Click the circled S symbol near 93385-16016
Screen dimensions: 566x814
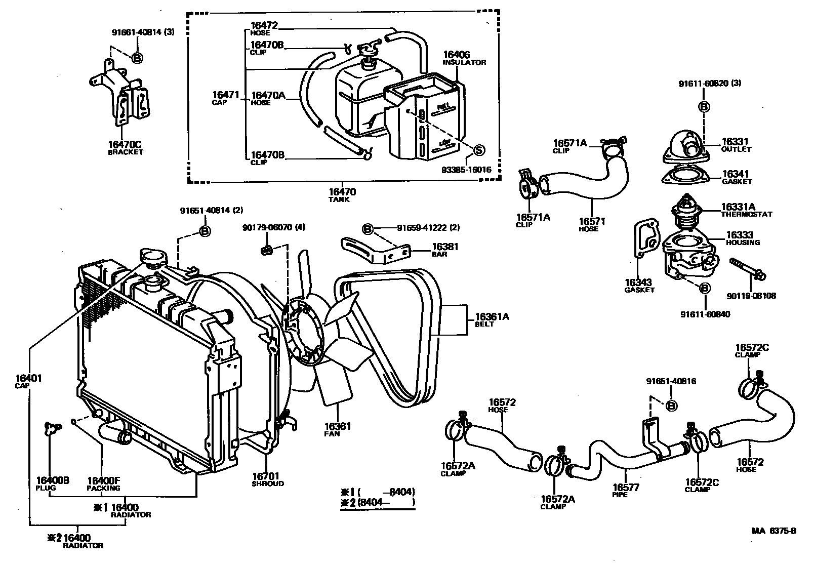click(x=478, y=150)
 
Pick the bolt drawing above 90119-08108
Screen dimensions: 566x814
click(x=749, y=269)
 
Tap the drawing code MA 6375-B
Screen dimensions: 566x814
click(x=774, y=531)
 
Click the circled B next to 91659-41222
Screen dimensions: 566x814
click(x=368, y=229)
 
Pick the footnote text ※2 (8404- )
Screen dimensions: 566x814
click(x=378, y=503)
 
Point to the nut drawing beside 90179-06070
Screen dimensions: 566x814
click(x=267, y=249)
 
